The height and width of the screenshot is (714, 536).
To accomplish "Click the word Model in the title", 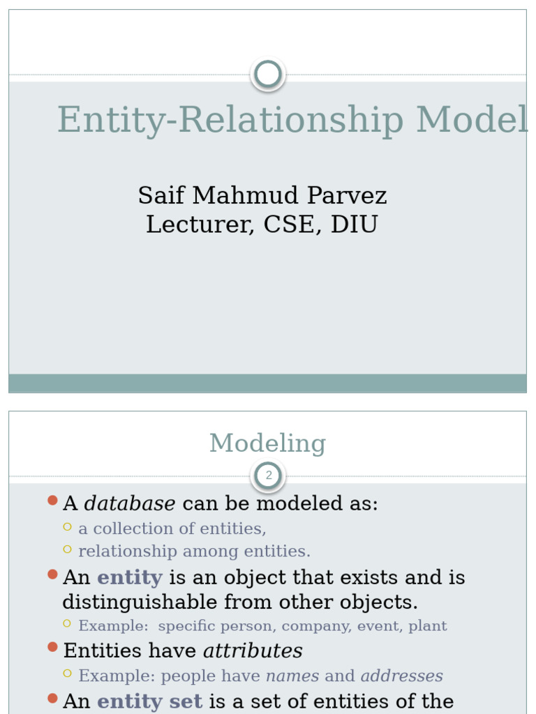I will pos(472,120).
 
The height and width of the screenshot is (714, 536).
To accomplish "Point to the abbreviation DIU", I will pos(354,225).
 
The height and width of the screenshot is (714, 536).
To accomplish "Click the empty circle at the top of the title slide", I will pos(268,74).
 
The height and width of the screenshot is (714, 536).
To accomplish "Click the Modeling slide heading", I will pos(268,443).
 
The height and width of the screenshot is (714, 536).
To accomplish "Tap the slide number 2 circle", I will pos(268,476).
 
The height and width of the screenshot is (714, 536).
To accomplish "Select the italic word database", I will pos(130,503).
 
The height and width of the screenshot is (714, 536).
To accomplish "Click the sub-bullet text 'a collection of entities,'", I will pos(172,529).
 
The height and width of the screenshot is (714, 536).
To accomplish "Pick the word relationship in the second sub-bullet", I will pos(128,552).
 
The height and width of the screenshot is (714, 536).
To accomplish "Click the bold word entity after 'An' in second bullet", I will pos(129,577).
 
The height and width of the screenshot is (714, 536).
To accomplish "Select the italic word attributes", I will pos(253,651).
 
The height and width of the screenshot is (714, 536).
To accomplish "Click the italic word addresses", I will pos(401,676).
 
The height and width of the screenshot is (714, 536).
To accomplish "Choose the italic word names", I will pos(292,676).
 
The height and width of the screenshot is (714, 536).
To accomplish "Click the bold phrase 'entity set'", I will pos(149,701).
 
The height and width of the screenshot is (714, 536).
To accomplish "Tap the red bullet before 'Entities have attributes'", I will pos(52,647).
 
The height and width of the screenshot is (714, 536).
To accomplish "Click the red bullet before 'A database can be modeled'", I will pos(52,500).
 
